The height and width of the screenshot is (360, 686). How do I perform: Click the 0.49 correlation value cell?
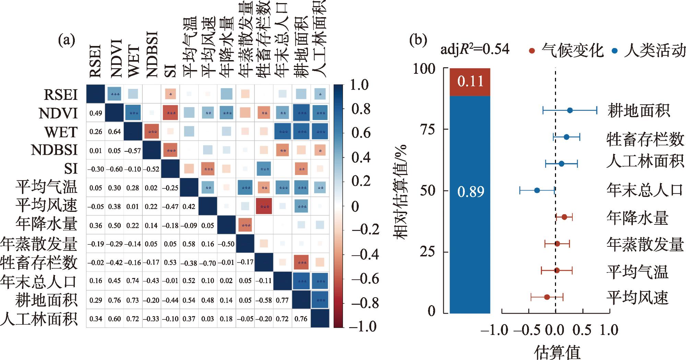95,113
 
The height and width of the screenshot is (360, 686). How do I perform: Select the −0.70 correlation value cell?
208,263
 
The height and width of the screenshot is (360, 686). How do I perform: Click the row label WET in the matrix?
61,132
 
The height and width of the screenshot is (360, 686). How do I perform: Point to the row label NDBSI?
54,150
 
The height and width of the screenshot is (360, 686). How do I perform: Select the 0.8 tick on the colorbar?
360,109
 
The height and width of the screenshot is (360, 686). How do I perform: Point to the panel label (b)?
418,40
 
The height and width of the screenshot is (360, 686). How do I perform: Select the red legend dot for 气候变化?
532,51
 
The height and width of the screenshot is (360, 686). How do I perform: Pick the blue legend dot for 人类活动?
615,51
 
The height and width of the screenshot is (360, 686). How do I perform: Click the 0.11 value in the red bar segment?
470,81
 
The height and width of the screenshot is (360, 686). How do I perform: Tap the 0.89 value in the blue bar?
470,192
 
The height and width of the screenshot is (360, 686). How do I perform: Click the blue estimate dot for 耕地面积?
570,111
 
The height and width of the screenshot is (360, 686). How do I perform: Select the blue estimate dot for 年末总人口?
537,190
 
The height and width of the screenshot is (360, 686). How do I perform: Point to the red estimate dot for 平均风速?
547,297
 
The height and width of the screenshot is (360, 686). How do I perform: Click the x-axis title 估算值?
557,352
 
